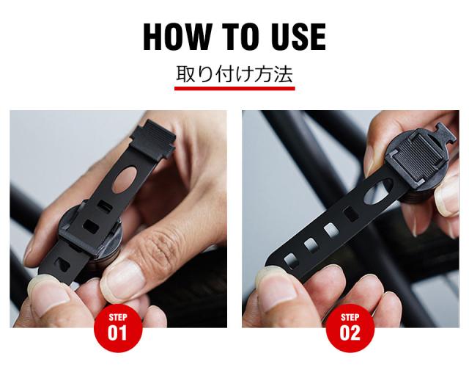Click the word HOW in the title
click(176, 37)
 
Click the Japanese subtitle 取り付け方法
click(234, 74)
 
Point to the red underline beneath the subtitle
click(234, 88)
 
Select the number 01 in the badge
click(117, 332)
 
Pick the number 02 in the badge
click(350, 332)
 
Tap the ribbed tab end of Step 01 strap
click(153, 139)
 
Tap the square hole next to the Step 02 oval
click(350, 214)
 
